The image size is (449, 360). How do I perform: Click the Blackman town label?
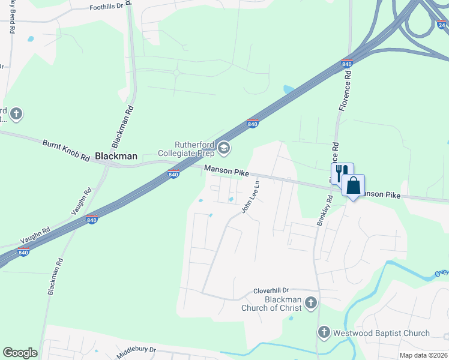click(x=116, y=156)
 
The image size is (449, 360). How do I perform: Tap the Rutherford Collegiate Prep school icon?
click(x=224, y=148)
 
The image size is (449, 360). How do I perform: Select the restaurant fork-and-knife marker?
click(x=341, y=173)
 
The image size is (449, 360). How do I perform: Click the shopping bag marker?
click(x=354, y=185)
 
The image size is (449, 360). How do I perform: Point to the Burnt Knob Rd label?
click(x=66, y=152)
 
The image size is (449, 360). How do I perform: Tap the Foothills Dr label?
click(x=106, y=6)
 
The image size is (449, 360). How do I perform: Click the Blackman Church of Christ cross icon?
click(x=311, y=303)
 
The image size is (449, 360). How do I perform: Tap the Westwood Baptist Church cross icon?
click(x=324, y=332)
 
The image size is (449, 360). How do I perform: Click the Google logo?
click(x=20, y=353)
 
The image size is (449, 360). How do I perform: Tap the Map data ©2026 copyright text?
click(x=423, y=355)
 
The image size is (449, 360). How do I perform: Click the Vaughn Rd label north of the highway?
click(x=82, y=202)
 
